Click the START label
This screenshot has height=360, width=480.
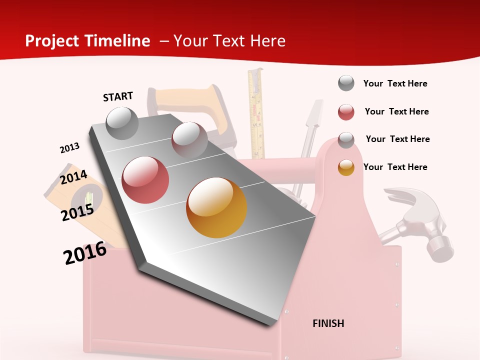pyautogui.click(x=118, y=96)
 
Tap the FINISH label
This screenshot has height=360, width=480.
pyautogui.click(x=328, y=323)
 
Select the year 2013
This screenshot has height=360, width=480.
pyautogui.click(x=69, y=148)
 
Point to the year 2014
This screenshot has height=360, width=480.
pyautogui.click(x=73, y=177)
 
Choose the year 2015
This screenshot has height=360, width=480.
pyautogui.click(x=77, y=213)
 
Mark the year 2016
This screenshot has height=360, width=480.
pyautogui.click(x=85, y=253)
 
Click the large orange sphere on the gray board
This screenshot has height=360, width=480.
pyautogui.click(x=216, y=207)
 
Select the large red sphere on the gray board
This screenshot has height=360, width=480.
pyautogui.click(x=145, y=180)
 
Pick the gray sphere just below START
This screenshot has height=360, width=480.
pyautogui.click(x=122, y=123)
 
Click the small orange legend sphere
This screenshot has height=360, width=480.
pyautogui.click(x=346, y=167)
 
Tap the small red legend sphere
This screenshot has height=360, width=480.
pyautogui.click(x=346, y=112)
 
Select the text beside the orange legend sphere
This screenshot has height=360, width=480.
pyautogui.click(x=395, y=167)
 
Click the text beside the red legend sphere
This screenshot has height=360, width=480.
pyautogui.click(x=396, y=111)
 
